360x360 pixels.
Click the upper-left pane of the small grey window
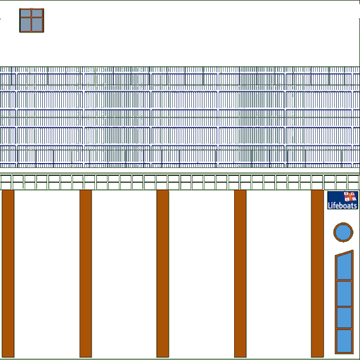tap(25, 13)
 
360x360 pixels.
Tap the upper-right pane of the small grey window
tap(37, 13)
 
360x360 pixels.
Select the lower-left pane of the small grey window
tap(25, 25)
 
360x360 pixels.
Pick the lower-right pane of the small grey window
tap(37, 25)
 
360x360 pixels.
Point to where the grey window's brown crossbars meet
tap(31, 18)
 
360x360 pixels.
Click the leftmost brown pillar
tap(8, 274)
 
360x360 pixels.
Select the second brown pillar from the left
tap(86, 274)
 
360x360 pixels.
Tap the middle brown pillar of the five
tap(162, 274)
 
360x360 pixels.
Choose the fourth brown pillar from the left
tap(240, 274)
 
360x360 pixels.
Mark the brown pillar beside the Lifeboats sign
tap(318, 274)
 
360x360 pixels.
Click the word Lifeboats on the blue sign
tap(342, 205)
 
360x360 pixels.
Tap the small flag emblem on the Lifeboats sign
tap(350, 197)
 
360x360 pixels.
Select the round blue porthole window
tap(343, 232)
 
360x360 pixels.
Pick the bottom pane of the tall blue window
tap(345, 340)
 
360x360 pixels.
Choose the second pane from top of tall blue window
tap(345, 293)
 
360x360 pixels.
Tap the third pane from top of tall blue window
tap(345, 318)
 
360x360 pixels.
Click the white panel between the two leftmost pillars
tap(47, 274)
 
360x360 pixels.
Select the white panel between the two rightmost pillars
tap(278, 274)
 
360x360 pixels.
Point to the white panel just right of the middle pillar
tap(201, 274)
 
